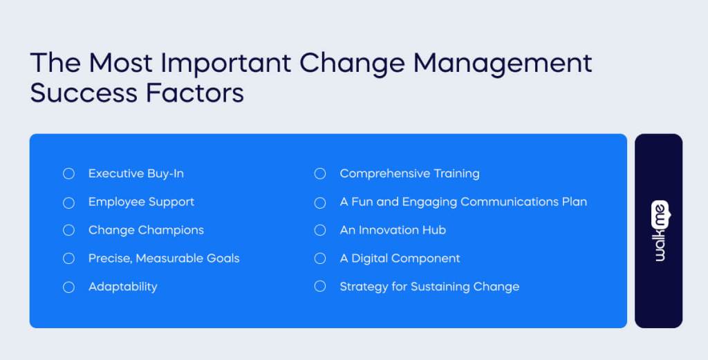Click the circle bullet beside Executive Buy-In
click(x=68, y=173)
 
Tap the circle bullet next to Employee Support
click(x=68, y=202)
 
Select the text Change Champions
click(x=146, y=230)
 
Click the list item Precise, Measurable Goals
click(x=164, y=258)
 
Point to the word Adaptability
click(x=122, y=287)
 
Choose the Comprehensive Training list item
click(x=409, y=173)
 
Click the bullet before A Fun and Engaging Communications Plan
click(x=319, y=202)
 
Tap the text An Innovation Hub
click(x=393, y=230)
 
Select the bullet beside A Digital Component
click(x=319, y=258)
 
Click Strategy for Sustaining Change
click(x=429, y=287)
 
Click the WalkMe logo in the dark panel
click(x=659, y=231)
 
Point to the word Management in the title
click(x=503, y=63)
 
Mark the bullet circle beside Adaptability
click(x=68, y=287)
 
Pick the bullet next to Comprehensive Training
click(x=319, y=173)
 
